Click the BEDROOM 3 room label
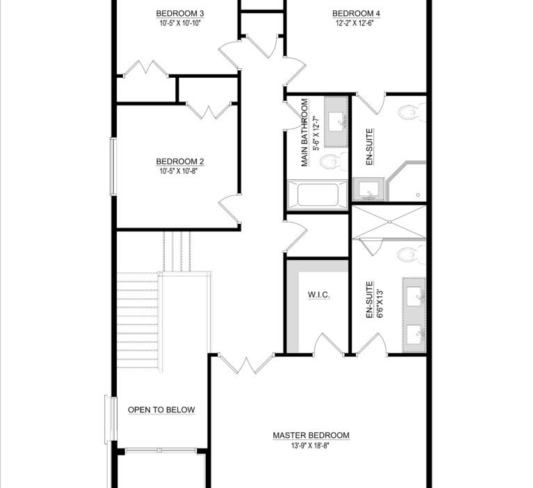coord(180,14)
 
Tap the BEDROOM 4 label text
coord(356,14)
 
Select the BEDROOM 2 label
coord(180,161)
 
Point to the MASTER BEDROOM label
coord(311,435)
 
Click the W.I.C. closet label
coord(318,295)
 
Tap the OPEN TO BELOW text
coord(161,409)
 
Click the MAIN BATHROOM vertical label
coord(305,133)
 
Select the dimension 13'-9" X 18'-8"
coord(310,446)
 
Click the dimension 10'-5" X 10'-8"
coord(179,171)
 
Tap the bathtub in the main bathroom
coord(317,195)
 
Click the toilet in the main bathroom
coord(334,161)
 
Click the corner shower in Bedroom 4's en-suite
coord(407,181)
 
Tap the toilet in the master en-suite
coord(412,254)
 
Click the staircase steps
coord(138,320)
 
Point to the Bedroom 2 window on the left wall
coord(113,167)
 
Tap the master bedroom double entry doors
coord(246,364)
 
